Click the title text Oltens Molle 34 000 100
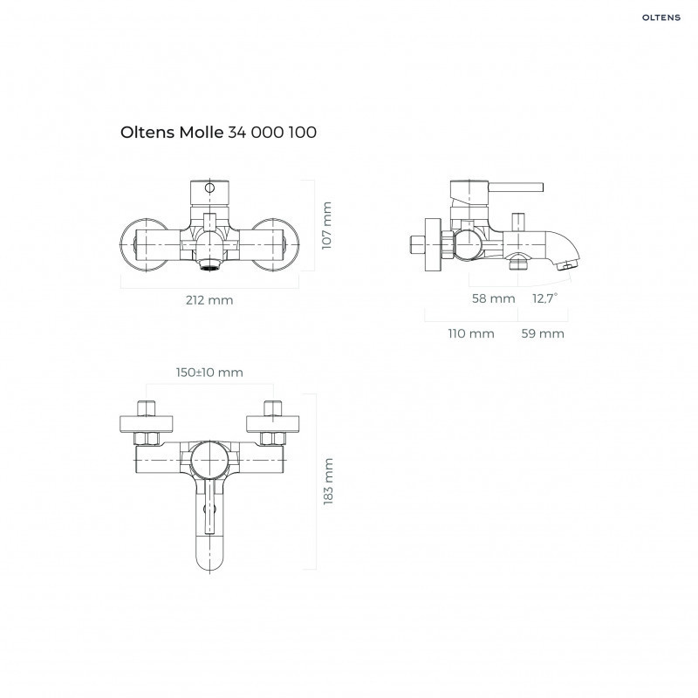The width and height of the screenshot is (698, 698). (218, 133)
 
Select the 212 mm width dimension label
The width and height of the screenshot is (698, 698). (209, 300)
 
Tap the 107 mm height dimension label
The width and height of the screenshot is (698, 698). (327, 225)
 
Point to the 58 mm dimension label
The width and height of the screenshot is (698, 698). (493, 298)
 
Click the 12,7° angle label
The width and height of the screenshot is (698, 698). (545, 298)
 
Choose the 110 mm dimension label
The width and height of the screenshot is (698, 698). (471, 333)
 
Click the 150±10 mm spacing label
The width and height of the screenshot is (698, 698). (209, 373)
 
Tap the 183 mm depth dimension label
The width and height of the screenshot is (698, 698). (328, 482)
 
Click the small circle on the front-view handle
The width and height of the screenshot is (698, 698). (209, 188)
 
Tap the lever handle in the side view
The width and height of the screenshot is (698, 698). (515, 187)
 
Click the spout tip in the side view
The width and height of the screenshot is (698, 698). (569, 263)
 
